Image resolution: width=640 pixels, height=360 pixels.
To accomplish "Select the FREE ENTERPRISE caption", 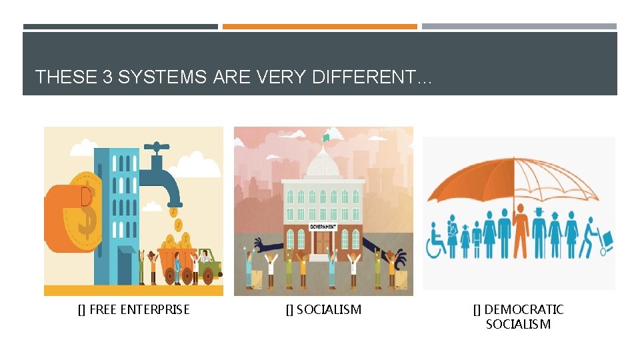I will [x=133, y=309].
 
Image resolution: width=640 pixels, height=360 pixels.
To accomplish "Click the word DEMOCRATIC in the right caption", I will [x=523, y=309].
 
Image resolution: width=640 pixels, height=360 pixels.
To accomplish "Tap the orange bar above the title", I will [x=320, y=27].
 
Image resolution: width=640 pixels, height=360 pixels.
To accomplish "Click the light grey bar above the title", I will [x=519, y=27].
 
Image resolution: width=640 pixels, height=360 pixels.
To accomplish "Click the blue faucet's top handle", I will [x=157, y=146].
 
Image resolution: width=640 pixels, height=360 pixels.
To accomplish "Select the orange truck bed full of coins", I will [x=174, y=263].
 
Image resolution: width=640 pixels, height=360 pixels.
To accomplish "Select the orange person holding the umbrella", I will [x=521, y=230].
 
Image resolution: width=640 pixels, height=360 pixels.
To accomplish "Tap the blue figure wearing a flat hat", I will [x=539, y=230].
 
